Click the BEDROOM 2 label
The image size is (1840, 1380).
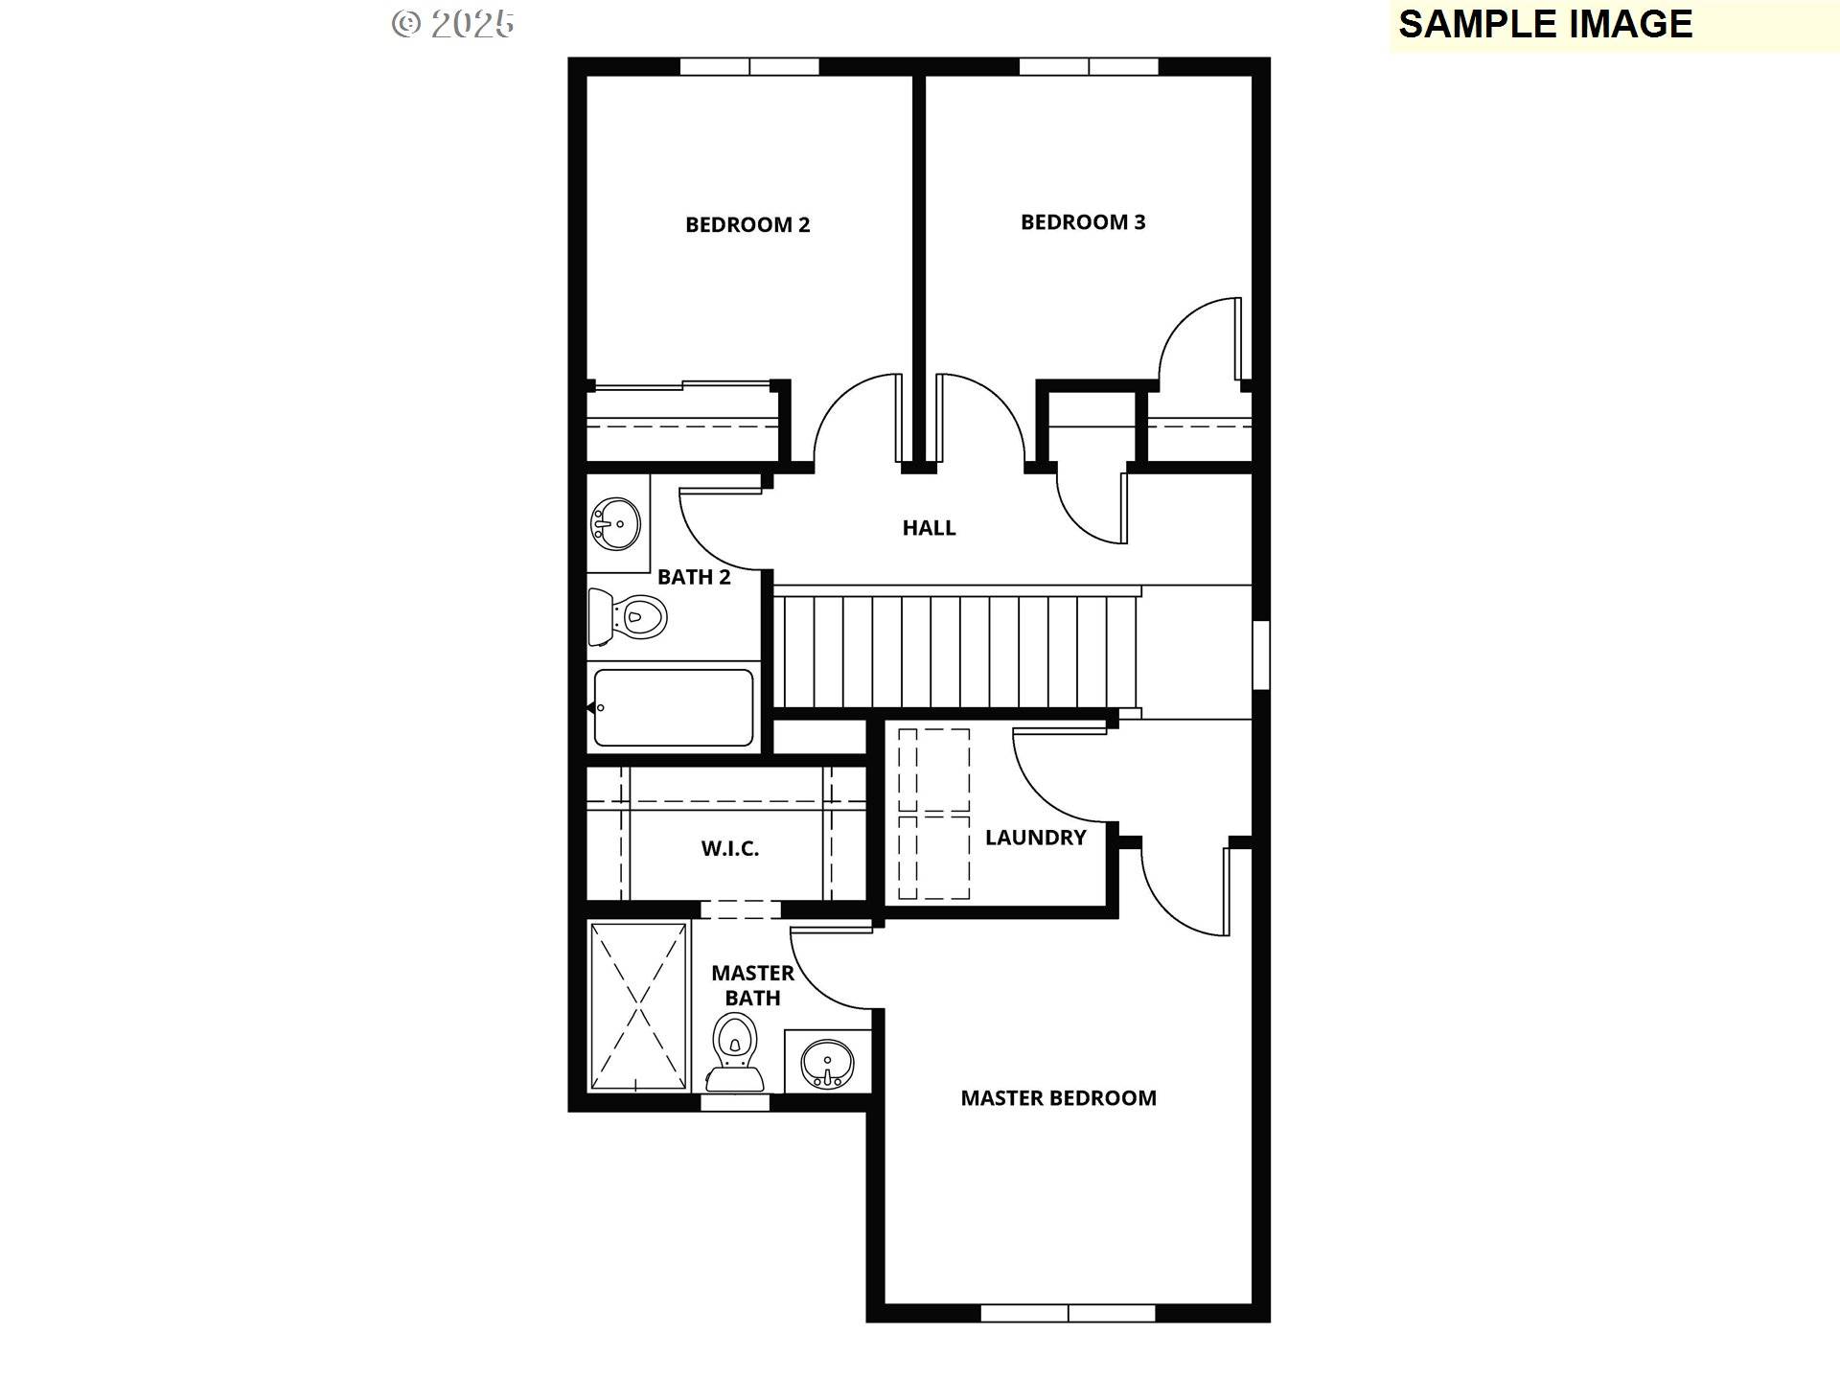[747, 224]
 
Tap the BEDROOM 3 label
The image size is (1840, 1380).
[1083, 221]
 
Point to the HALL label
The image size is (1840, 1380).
[929, 527]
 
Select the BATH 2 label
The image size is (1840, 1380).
[694, 577]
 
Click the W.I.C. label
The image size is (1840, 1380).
[730, 848]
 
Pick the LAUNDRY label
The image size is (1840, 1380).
[1036, 838]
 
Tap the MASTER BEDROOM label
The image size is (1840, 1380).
[1059, 1098]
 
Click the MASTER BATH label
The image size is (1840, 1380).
[752, 985]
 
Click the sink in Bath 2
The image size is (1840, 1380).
[616, 524]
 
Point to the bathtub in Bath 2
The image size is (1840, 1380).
[673, 707]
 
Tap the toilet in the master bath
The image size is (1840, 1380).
[735, 1052]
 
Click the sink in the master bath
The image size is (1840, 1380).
[827, 1063]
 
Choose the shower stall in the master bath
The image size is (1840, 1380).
[638, 1006]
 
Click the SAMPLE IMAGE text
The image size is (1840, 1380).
[1546, 24]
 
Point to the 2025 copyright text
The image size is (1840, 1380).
[453, 24]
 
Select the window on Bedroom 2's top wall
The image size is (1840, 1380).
[749, 66]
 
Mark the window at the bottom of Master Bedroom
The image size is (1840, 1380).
[1068, 1313]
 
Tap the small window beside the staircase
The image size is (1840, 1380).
[1261, 655]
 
